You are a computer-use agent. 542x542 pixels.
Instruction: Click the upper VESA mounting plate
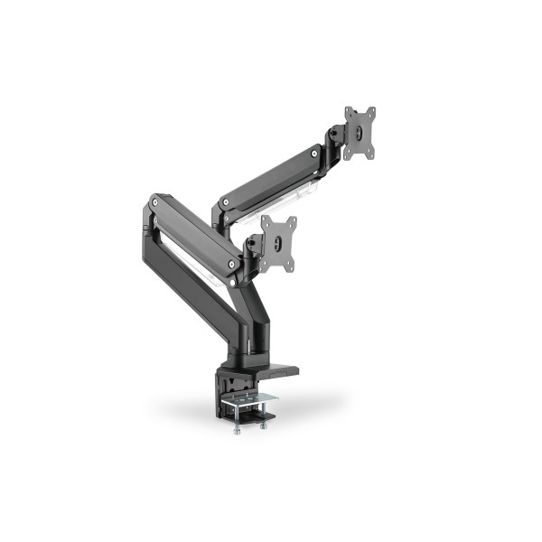click(x=360, y=135)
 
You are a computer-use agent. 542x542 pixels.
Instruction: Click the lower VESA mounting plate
click(x=278, y=242)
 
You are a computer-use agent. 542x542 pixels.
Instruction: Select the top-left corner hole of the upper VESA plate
click(x=348, y=113)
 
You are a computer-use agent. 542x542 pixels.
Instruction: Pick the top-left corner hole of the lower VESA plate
click(x=266, y=220)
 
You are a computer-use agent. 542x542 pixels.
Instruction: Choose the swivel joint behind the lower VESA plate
click(x=257, y=247)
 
